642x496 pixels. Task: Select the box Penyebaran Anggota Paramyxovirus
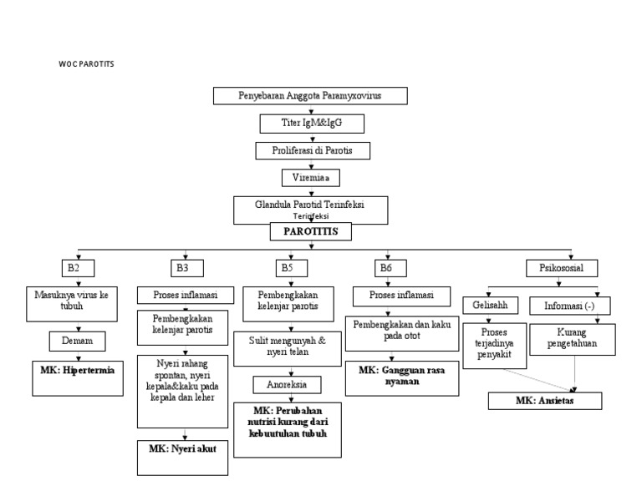311,96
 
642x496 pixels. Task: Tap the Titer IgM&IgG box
311,124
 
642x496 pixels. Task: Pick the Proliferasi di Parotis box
311,151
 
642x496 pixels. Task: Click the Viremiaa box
311,178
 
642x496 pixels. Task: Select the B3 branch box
181,268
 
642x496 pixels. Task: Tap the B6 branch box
385,268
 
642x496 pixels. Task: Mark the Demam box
77,342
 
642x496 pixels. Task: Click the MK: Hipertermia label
77,367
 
